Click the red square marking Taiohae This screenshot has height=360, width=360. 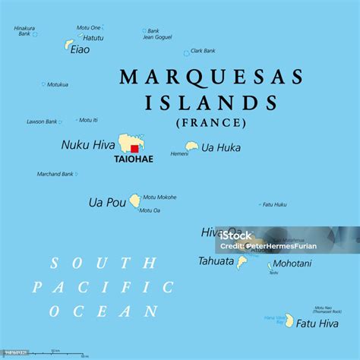(134, 149)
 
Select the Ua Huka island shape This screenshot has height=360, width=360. (192, 147)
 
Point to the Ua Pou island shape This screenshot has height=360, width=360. (134, 201)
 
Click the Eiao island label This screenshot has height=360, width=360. (80, 50)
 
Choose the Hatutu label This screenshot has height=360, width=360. (93, 37)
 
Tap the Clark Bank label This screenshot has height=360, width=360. (203, 51)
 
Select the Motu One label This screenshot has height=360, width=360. (88, 27)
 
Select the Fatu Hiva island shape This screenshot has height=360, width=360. (289, 320)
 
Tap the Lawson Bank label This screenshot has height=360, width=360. (42, 122)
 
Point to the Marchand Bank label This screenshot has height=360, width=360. (55, 174)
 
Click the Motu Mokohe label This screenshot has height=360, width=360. (159, 197)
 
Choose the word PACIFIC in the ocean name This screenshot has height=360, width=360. (103, 287)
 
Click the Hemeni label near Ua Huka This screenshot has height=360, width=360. (179, 153)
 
